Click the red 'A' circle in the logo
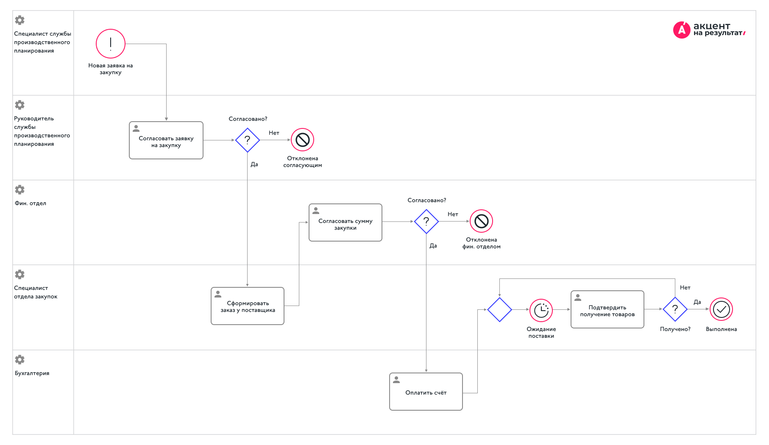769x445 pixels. click(682, 30)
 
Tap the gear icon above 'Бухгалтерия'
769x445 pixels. click(20, 359)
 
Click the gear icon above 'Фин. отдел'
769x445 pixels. click(20, 189)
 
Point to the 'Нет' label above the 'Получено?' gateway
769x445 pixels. click(685, 287)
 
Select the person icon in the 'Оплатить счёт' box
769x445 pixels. click(396, 380)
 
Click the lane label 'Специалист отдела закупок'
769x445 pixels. click(36, 292)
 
